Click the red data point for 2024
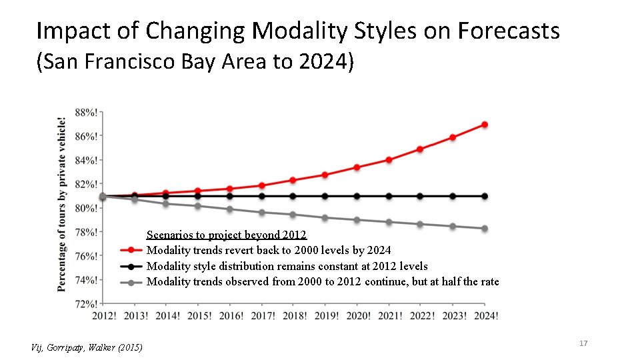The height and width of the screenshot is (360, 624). click(485, 125)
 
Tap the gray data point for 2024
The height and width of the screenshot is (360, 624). click(485, 229)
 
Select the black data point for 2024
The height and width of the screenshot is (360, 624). click(485, 196)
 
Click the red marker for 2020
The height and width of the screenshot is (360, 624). click(357, 167)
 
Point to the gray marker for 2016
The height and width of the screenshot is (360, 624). click(230, 209)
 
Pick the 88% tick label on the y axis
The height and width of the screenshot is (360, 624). click(84, 112)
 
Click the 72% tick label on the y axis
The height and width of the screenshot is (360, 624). click(84, 303)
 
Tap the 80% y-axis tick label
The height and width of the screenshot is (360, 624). click(84, 208)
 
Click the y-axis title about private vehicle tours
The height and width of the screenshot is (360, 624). click(62, 205)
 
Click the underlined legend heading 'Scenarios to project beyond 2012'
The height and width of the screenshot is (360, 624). click(226, 235)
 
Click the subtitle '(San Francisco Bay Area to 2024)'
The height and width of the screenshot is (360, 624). click(195, 63)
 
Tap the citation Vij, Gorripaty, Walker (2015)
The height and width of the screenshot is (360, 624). click(87, 347)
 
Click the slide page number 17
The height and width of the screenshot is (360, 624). click(583, 343)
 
